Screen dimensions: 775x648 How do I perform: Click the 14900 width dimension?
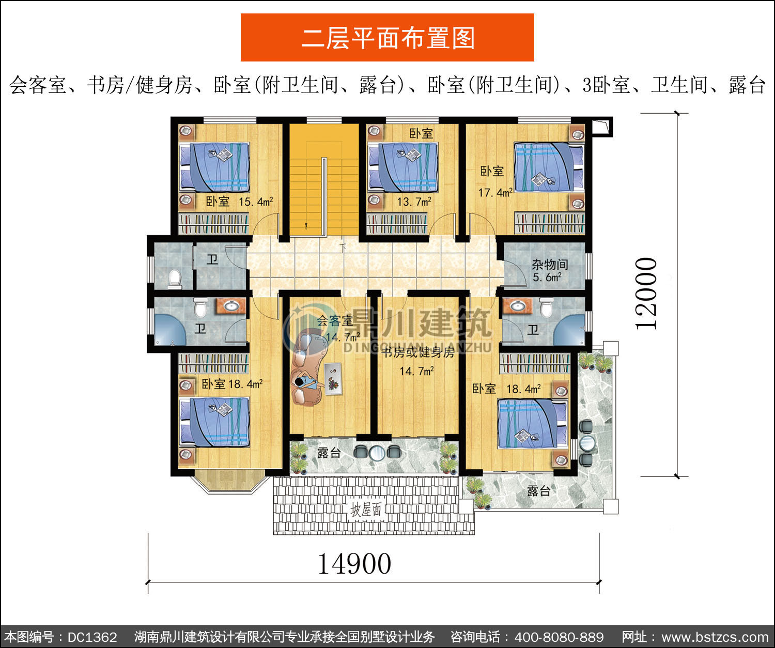[x=354, y=564]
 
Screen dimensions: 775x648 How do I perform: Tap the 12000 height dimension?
[x=646, y=294]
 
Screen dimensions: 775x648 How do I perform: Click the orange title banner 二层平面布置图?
[x=388, y=38]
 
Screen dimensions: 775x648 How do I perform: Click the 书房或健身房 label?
[x=418, y=352]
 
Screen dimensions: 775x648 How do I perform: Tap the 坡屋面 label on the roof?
[x=366, y=510]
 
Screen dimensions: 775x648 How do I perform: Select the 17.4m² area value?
[x=495, y=192]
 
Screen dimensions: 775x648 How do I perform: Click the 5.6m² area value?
[x=547, y=277]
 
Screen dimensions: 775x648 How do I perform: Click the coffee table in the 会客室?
[x=333, y=379]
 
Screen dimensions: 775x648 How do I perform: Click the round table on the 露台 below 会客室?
[x=377, y=453]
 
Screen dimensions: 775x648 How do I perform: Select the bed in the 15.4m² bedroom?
[x=214, y=167]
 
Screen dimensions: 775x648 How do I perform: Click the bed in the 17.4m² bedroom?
[x=549, y=167]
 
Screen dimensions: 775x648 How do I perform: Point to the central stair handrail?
[x=324, y=197]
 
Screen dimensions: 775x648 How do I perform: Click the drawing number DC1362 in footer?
[x=92, y=637]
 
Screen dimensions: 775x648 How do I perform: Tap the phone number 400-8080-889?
[x=559, y=637]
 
